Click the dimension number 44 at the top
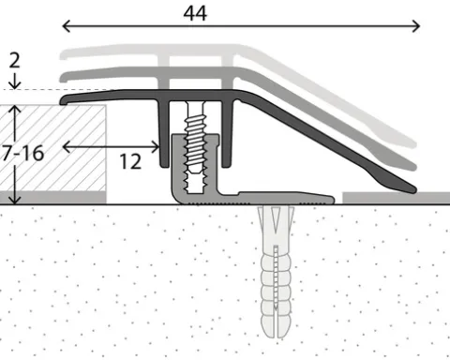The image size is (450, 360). [x=195, y=13]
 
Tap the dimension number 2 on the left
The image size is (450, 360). [x=14, y=60]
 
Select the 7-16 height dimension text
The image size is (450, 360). [x=22, y=154]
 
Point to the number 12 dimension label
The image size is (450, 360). [x=130, y=161]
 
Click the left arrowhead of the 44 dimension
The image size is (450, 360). [x=67, y=26]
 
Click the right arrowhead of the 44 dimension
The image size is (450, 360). [x=415, y=26]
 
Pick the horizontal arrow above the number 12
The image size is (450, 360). [x=111, y=147]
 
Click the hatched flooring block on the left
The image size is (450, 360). [x=53, y=148]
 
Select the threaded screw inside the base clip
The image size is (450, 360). [x=196, y=147]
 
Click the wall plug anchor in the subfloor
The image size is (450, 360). [x=276, y=272]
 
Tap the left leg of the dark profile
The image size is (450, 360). [x=164, y=134]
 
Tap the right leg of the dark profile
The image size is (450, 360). [x=227, y=134]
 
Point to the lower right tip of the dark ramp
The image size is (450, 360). [x=414, y=189]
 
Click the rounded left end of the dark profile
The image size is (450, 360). [x=64, y=100]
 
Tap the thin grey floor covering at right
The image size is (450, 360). [x=397, y=198]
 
